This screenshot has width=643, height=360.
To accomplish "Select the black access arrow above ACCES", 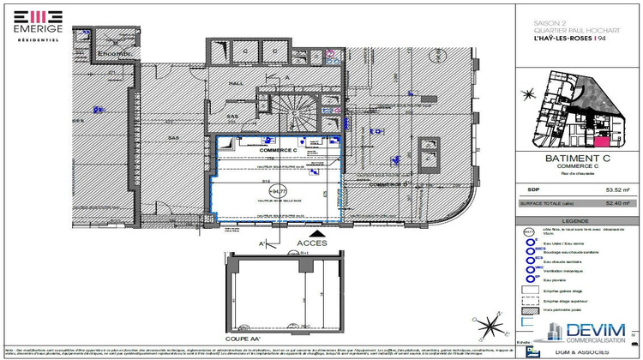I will [x=319, y=232].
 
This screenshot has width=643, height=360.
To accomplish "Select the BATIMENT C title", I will [x=578, y=159].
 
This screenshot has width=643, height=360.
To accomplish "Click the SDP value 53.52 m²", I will [x=617, y=191].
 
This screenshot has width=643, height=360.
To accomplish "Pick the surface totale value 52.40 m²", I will [x=617, y=203].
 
